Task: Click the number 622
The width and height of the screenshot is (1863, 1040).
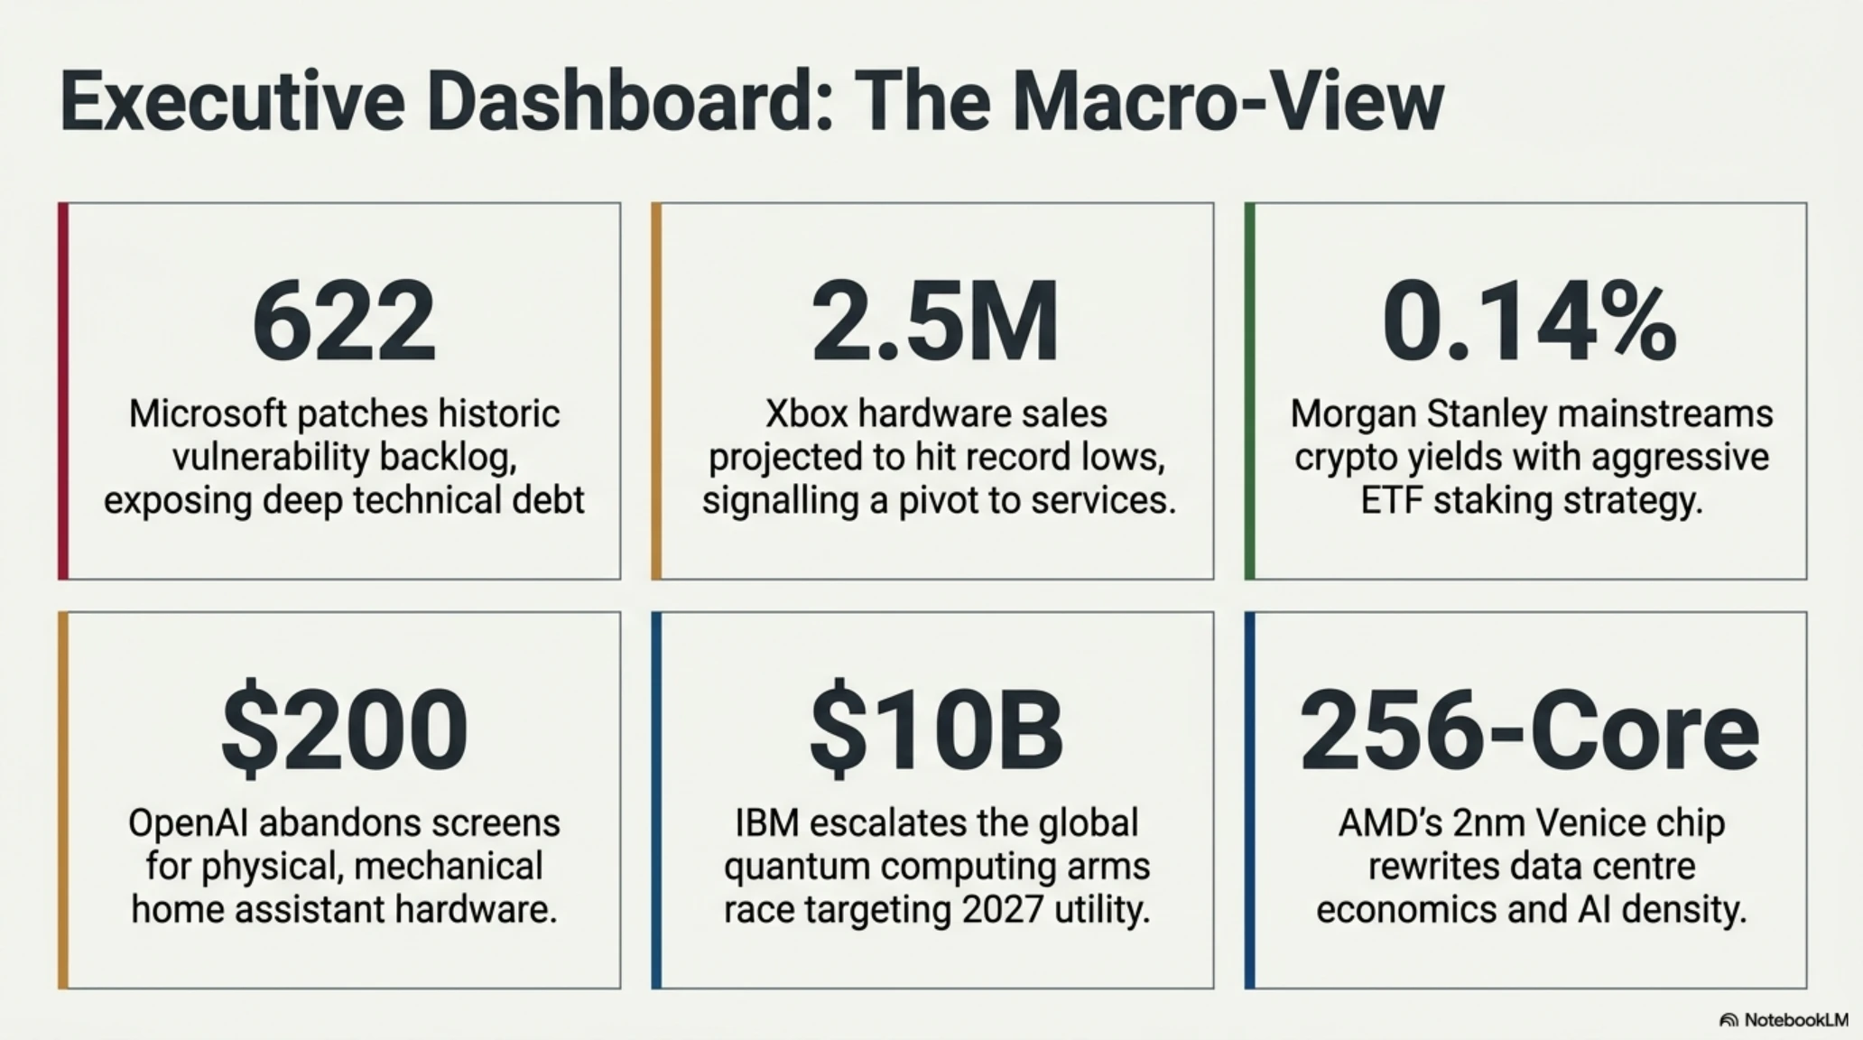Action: click(344, 321)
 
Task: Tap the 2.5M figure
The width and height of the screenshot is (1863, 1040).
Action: click(934, 321)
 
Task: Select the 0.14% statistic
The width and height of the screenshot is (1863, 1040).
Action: click(1529, 321)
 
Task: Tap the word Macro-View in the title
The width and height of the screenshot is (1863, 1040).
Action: click(1228, 103)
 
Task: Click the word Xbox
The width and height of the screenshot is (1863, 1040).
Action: click(806, 414)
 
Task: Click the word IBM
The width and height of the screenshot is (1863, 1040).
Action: click(767, 823)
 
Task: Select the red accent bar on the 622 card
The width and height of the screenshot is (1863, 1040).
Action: click(63, 391)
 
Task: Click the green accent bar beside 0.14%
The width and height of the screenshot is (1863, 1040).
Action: click(1250, 391)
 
